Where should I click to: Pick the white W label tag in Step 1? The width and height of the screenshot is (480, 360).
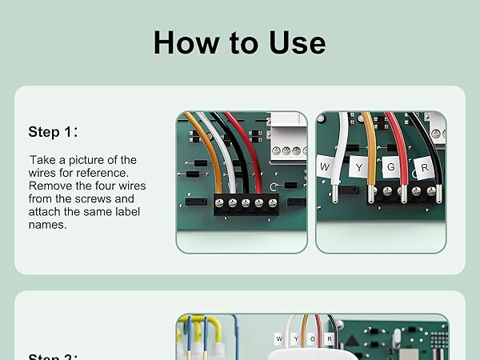point(326,166)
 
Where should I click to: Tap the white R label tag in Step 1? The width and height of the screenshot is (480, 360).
point(423,169)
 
